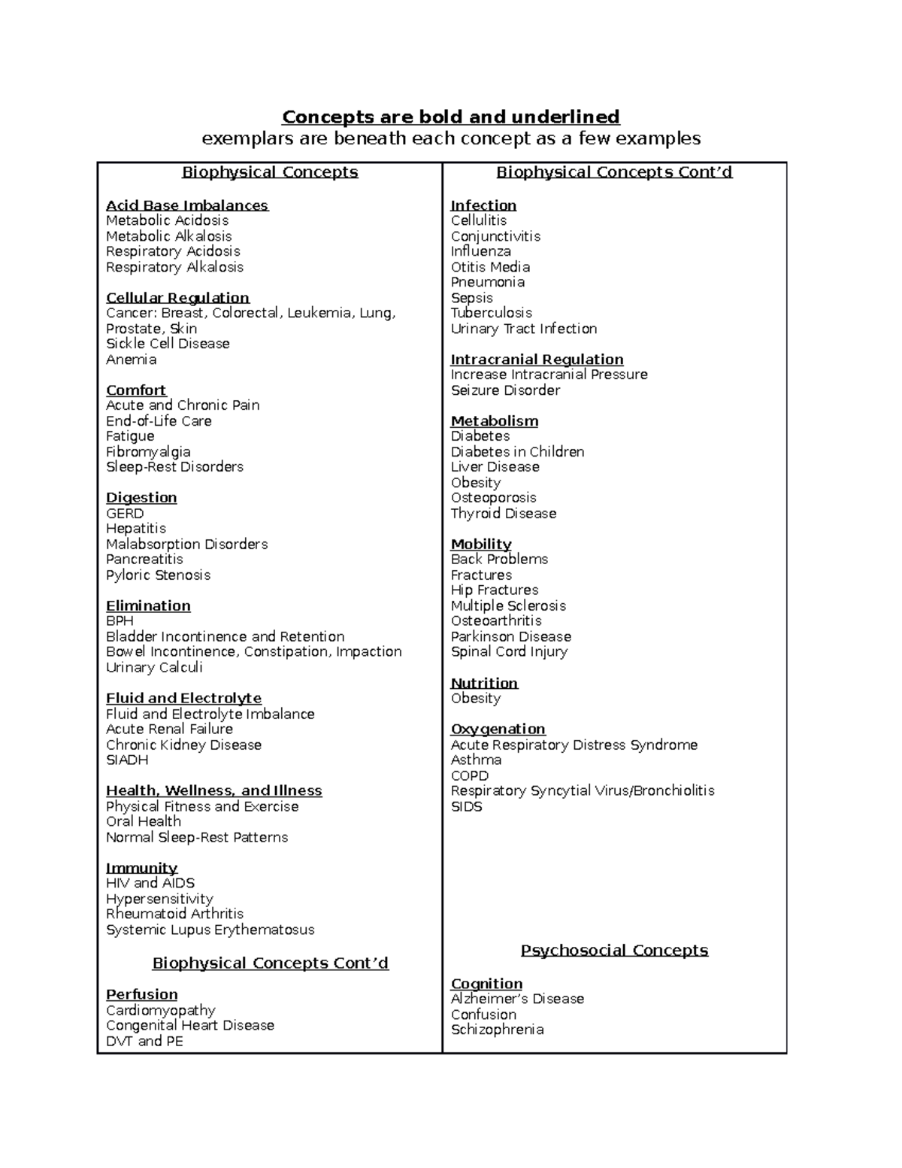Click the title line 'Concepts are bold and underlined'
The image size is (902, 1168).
pos(450,117)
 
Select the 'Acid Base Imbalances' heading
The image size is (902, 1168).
pos(186,205)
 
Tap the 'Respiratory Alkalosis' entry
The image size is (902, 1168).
pos(174,267)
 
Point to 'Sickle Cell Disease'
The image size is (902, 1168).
pos(168,344)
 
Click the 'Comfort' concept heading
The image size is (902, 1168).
pos(136,390)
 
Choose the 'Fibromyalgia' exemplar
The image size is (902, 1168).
pos(148,452)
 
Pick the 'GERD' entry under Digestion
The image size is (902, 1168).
pos(125,514)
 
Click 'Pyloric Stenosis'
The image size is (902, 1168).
pos(158,575)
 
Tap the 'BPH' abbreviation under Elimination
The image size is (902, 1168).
pos(120,621)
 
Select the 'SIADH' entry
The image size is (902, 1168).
pos(127,760)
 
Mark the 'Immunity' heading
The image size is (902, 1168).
pos(141,868)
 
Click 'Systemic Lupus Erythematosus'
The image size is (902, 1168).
pos(210,930)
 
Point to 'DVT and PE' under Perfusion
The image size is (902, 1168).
pos(144,1042)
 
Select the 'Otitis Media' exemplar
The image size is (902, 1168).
pos(490,267)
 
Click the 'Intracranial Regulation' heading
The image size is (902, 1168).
pos(537,360)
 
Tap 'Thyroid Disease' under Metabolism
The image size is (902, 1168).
pos(504,514)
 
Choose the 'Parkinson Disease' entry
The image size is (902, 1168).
pos(511,637)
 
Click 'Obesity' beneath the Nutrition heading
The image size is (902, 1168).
pos(476,699)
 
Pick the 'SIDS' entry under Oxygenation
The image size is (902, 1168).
pos(466,807)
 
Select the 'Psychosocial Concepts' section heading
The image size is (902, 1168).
pos(614,951)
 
